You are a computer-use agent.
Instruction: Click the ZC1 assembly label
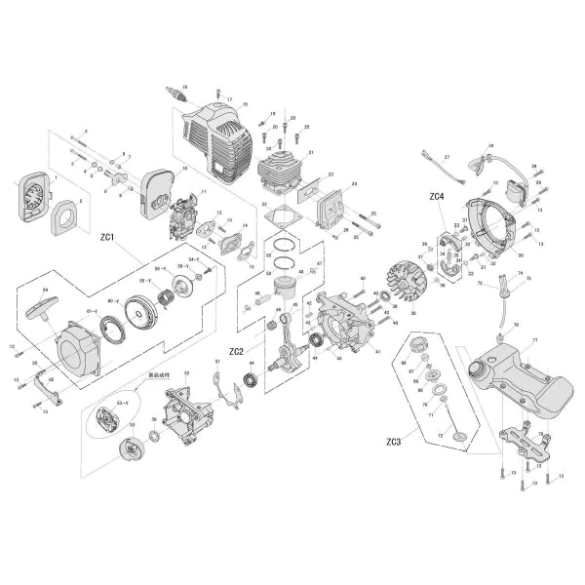tap(108, 236)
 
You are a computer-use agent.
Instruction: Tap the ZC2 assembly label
tap(236, 351)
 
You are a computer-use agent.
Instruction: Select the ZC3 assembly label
tap(392, 442)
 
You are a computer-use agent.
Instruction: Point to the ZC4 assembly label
tap(436, 197)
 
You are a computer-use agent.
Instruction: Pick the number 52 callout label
tap(186, 372)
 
